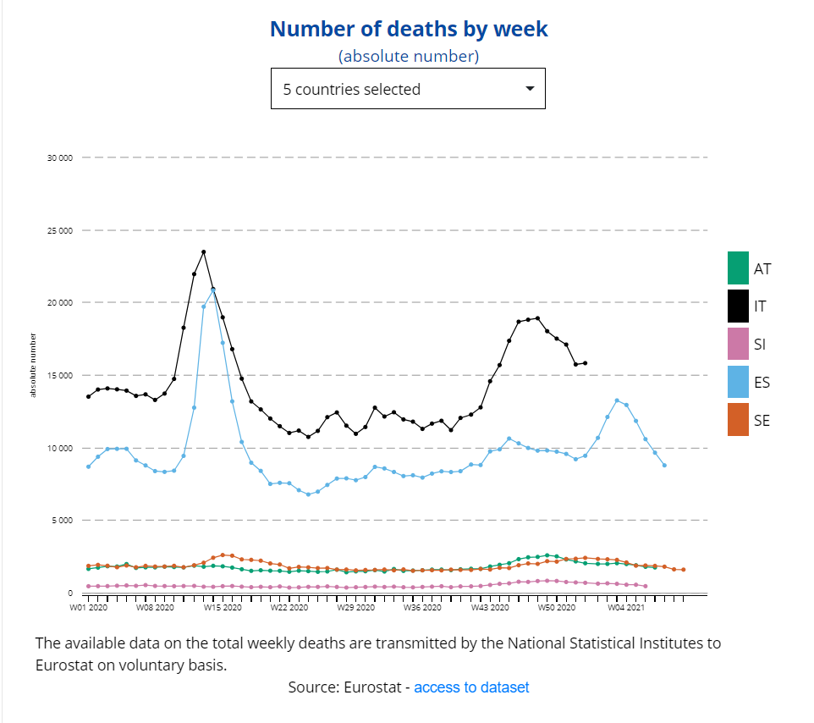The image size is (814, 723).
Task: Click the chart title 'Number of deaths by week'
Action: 409,29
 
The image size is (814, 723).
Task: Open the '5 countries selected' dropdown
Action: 408,89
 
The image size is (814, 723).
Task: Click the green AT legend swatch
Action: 738,268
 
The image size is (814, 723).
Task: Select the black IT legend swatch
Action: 738,306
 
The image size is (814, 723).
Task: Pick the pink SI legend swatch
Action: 738,344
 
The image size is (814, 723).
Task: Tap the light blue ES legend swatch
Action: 738,382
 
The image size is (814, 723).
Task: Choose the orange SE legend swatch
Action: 738,420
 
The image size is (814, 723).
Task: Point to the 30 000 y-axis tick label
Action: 58,157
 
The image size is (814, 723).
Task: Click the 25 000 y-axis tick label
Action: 58,230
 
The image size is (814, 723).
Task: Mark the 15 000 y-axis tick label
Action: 58,375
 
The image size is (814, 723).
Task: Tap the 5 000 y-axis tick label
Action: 60,521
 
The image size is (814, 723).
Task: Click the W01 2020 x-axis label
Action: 89,607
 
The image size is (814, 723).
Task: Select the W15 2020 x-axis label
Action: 223,607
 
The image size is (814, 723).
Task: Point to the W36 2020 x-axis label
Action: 422,607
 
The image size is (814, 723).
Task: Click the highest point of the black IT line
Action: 203,251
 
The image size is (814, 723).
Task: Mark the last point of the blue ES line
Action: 664,465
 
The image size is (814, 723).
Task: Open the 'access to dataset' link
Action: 471,687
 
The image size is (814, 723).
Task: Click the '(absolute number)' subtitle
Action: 409,57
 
